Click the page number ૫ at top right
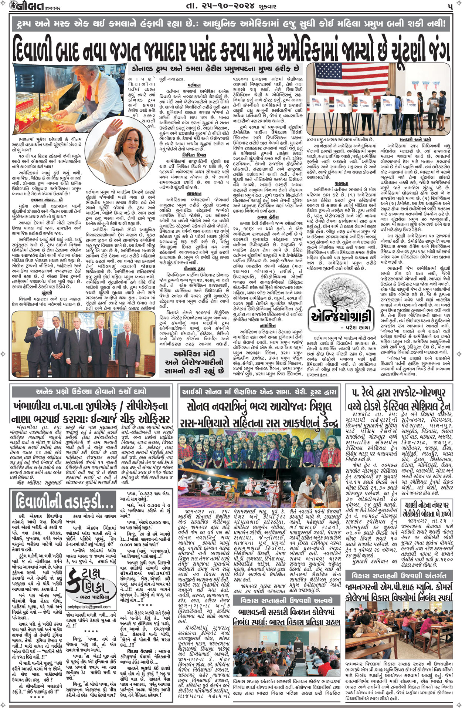[449, 6]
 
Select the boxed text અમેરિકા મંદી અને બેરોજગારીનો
[194, 362]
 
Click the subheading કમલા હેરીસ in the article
[268, 217]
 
